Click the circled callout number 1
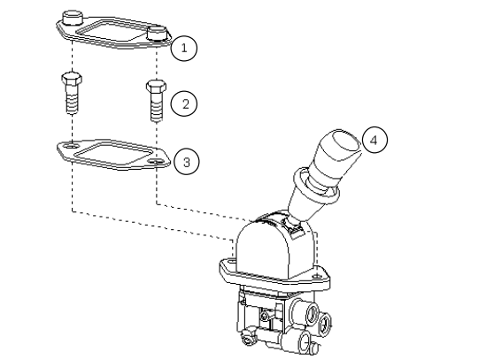tap(183, 47)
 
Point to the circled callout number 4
tap(374, 140)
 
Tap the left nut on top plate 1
tap(73, 18)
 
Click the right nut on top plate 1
tap(158, 34)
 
